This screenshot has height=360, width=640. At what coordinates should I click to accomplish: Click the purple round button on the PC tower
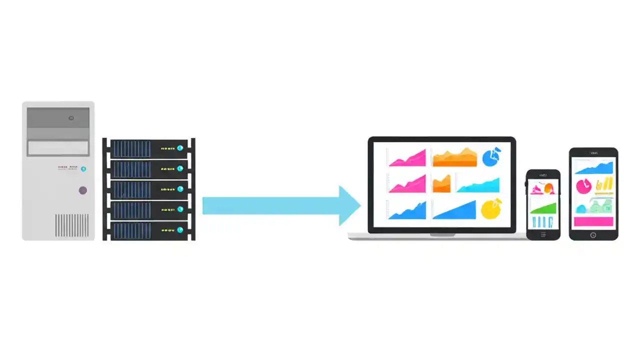coord(83,190)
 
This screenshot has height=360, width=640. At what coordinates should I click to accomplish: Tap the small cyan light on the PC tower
coord(83,169)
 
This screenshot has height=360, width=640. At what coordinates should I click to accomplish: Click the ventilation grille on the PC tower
coord(71,225)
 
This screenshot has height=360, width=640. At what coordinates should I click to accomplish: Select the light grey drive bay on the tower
coord(58,148)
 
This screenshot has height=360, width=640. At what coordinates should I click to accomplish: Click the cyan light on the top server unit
coord(180,148)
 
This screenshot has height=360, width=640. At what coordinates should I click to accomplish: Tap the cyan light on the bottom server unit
coord(180,230)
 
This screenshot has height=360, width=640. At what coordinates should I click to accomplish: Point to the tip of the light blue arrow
coord(360,205)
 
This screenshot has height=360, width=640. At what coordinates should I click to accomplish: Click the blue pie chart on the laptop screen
coord(492,157)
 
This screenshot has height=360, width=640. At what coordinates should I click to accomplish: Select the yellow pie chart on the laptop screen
coord(490,209)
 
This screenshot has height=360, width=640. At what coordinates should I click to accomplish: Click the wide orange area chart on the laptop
coord(454,158)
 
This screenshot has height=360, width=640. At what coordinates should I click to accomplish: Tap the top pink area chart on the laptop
coord(407,158)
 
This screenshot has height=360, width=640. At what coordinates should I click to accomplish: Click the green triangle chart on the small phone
coord(543,207)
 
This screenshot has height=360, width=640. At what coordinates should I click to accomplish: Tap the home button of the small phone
coord(543,234)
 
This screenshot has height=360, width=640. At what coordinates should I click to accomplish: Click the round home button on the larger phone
coord(593,234)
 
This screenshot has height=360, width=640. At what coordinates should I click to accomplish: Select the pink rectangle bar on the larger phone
coord(593,221)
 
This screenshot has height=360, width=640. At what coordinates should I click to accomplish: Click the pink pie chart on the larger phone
coord(583,186)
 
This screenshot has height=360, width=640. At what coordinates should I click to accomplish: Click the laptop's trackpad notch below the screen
coord(442,234)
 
